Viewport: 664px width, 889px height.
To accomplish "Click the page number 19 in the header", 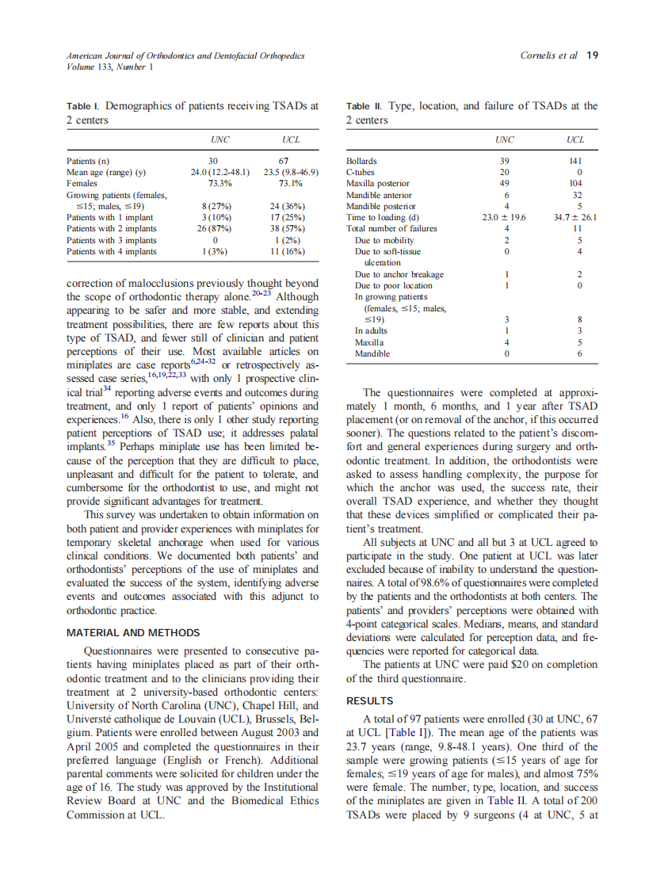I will pyautogui.click(x=592, y=55).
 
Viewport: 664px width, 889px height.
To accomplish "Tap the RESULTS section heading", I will pyautogui.click(x=371, y=701).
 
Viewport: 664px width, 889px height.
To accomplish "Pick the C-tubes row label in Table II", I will pyautogui.click(x=361, y=172).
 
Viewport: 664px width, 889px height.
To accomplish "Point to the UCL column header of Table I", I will pyautogui.click(x=291, y=139).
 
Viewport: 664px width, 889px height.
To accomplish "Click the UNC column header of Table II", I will pyautogui.click(x=505, y=139).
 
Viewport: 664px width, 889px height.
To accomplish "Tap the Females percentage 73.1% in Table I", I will pyautogui.click(x=291, y=183).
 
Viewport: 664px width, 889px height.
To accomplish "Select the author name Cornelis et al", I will pyautogui.click(x=548, y=55).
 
